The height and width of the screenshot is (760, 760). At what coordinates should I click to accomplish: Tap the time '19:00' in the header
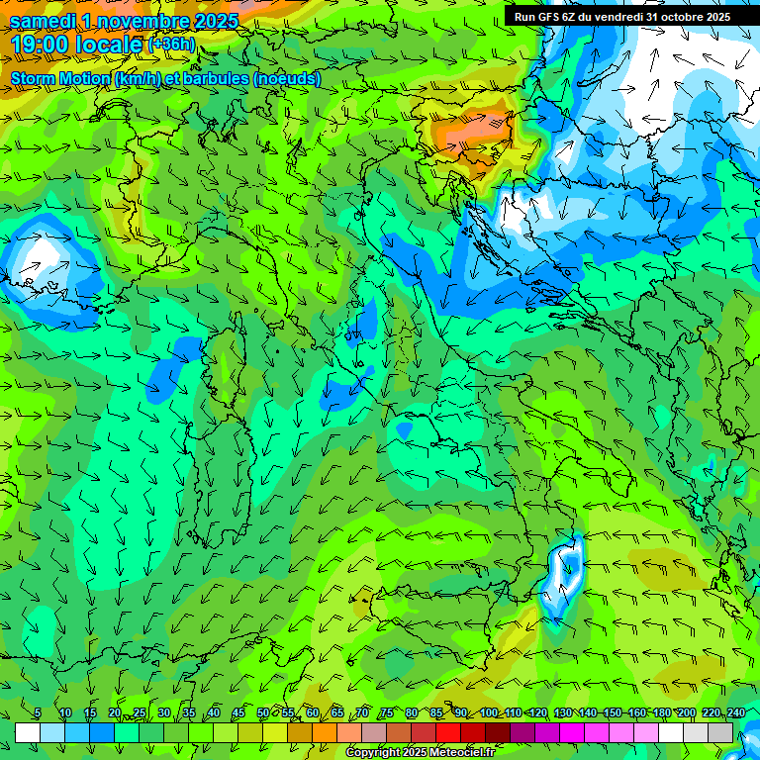[x=40, y=45]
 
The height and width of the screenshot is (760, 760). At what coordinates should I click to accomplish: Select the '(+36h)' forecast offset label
[x=171, y=45]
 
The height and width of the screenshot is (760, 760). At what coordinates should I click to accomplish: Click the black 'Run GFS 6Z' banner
[x=621, y=16]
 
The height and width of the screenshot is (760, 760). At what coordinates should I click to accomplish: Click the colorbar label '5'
[x=38, y=713]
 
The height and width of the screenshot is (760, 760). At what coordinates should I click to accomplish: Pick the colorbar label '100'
[x=489, y=713]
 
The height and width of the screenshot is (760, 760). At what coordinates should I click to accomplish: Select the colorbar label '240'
[x=736, y=713]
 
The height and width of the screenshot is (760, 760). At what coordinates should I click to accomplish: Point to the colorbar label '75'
[x=386, y=713]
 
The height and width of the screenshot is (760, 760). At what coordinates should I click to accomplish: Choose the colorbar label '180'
[x=659, y=713]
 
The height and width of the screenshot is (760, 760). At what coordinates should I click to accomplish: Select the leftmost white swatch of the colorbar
[x=28, y=732]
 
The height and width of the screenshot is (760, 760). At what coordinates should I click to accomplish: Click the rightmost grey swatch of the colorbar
[x=720, y=732]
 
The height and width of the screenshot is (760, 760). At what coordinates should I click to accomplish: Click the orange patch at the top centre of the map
[x=472, y=134]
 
